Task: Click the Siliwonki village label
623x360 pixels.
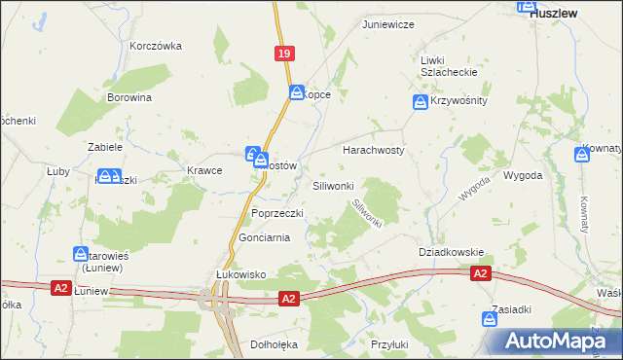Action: [x=339, y=185]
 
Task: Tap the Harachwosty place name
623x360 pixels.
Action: [x=373, y=151]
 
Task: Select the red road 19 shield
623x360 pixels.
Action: [x=283, y=56]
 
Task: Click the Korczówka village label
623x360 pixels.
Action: [x=156, y=46]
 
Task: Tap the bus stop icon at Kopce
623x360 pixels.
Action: [x=297, y=92]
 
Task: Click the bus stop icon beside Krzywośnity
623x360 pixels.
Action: [x=420, y=101]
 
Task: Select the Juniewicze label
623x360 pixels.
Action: [x=388, y=24]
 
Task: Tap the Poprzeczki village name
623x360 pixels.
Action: [x=278, y=213]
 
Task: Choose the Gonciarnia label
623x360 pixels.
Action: [x=265, y=238]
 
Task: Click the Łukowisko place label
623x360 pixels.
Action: [x=240, y=275]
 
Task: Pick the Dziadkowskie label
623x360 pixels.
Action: [x=451, y=251]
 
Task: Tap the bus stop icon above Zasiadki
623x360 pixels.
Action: [x=490, y=318]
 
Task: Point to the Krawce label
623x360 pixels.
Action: [x=204, y=170]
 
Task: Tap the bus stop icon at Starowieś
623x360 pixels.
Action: [x=81, y=254]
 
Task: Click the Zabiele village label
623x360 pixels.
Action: [x=104, y=148]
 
